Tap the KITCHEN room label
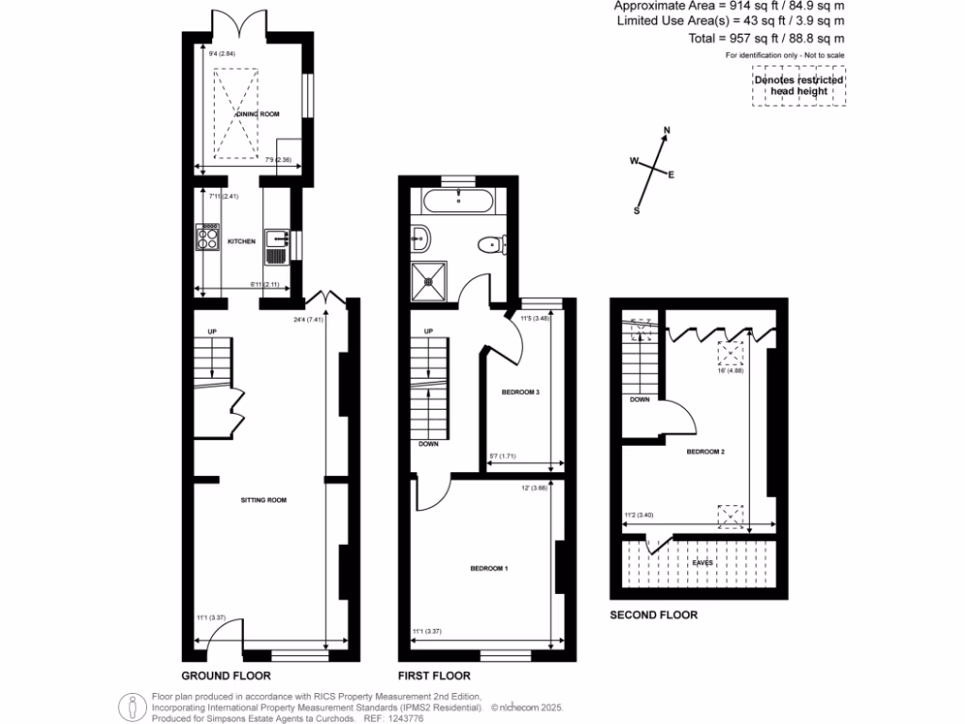coord(241,242)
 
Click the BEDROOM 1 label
coord(489,568)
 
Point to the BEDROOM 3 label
coord(519,391)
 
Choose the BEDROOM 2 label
coord(705,452)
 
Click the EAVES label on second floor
coord(702,563)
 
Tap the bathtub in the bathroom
coord(457,200)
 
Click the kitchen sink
coord(276,243)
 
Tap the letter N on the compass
coord(667,131)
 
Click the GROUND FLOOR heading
coord(226,676)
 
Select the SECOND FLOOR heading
coord(653,615)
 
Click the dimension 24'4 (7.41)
coord(309,319)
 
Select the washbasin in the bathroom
coord(421,239)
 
